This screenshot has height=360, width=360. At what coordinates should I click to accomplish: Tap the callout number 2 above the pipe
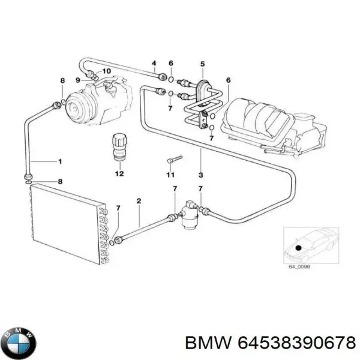[139, 201]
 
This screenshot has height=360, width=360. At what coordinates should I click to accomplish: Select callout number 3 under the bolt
[200, 176]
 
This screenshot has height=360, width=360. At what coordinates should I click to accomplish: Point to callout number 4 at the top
[154, 64]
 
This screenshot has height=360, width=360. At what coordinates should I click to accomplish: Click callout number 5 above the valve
[202, 64]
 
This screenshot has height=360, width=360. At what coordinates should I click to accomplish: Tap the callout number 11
[170, 175]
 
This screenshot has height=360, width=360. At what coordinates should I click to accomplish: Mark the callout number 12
[119, 174]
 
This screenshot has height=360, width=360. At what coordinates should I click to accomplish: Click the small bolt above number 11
[173, 159]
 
